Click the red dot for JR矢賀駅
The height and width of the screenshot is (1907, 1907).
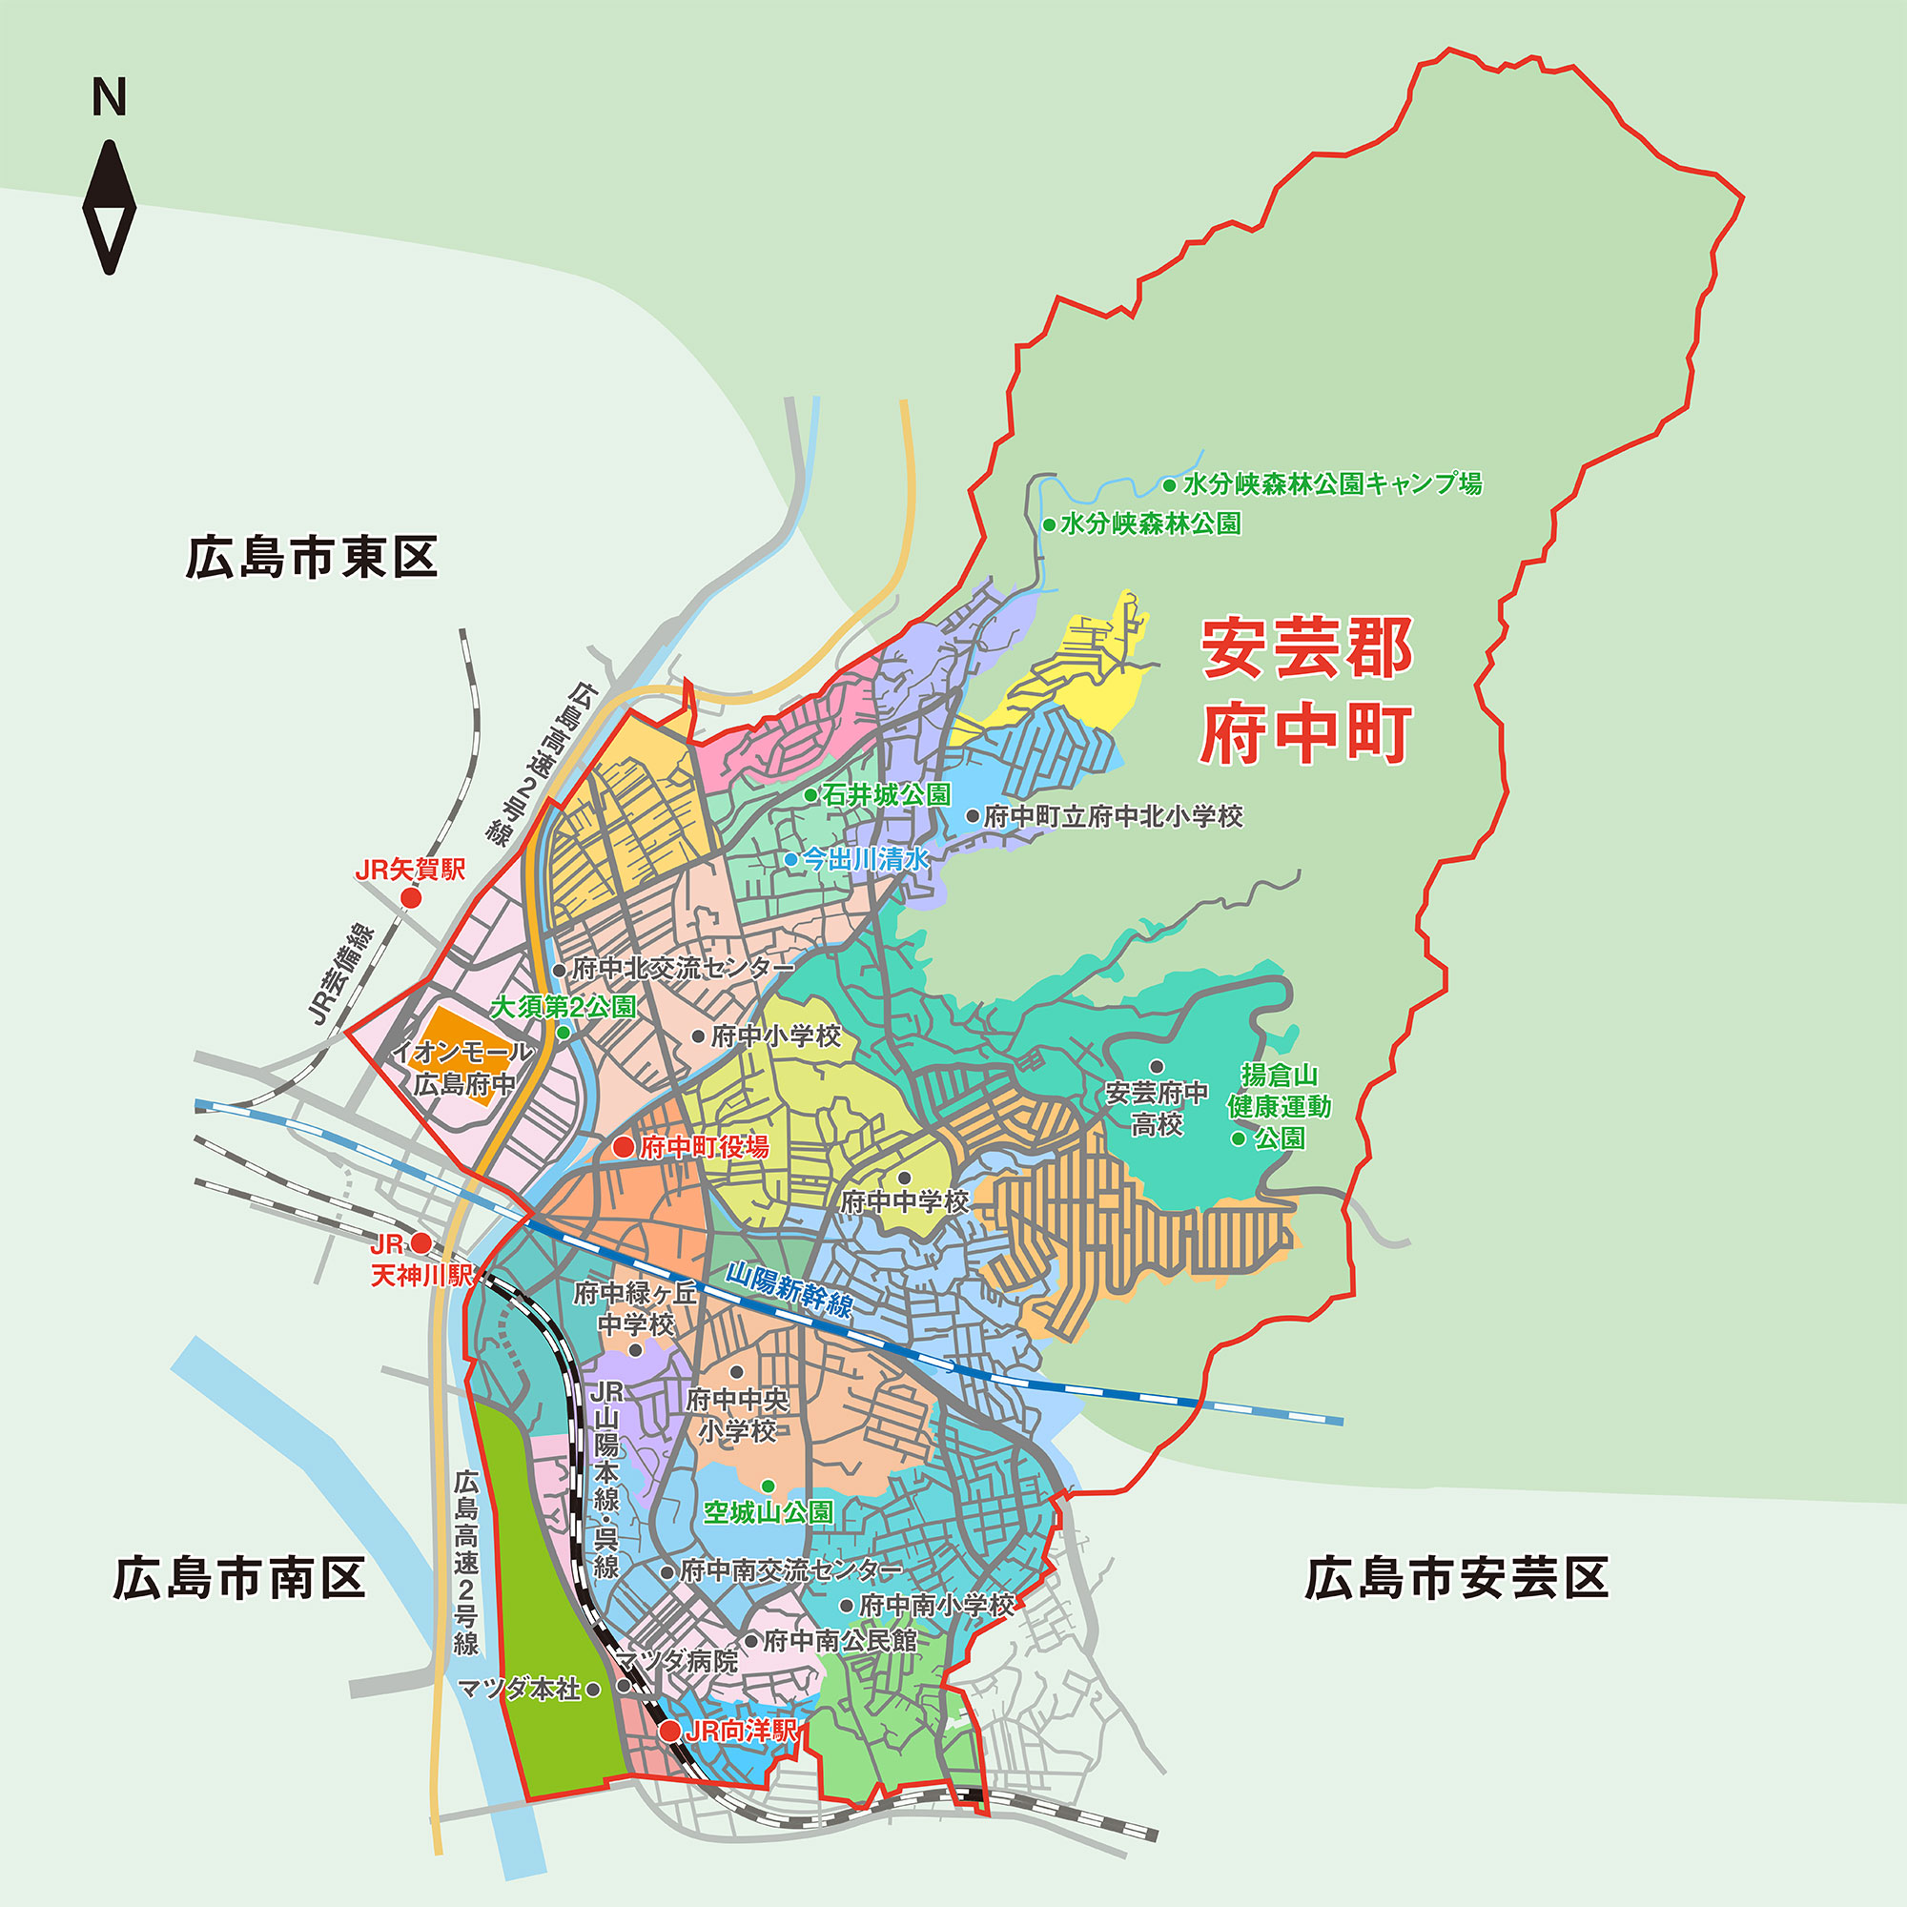pos(411,897)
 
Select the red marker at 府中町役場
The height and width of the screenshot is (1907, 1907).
pos(624,1146)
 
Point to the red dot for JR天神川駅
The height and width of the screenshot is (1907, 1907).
pos(421,1242)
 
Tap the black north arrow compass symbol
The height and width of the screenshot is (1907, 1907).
pos(109,207)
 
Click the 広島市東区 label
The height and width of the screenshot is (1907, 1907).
pos(311,558)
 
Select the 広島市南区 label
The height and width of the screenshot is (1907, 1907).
pos(239,1578)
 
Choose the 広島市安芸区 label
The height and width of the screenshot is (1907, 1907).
pos(1456,1578)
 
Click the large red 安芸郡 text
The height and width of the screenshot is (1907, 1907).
pos(1306,648)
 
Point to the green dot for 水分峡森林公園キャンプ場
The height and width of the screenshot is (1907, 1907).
pos(1169,484)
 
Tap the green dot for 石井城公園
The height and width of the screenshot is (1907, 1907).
pos(810,794)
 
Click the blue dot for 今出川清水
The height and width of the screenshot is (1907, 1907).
pos(791,860)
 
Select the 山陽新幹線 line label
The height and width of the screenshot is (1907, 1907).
pos(789,1290)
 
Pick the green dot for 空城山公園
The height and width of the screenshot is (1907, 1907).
pos(768,1487)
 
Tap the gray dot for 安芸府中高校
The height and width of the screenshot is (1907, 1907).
pos(1157,1066)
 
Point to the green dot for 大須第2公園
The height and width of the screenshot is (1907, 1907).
pos(564,1033)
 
